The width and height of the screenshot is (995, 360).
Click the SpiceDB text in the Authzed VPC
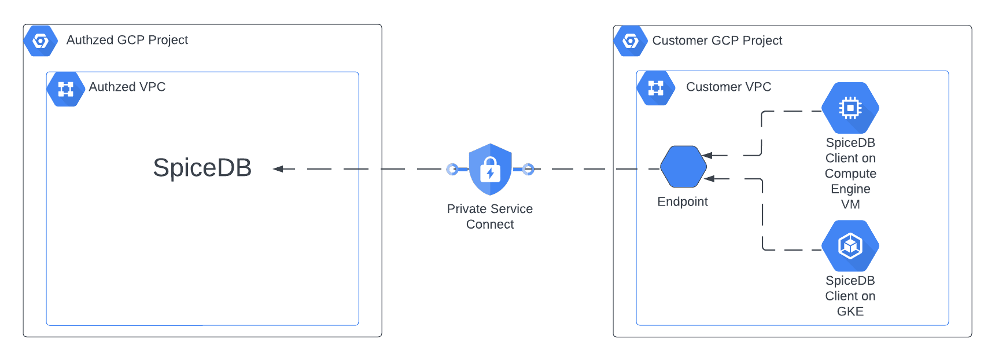click(x=202, y=168)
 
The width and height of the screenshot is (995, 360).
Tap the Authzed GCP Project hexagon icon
click(x=40, y=41)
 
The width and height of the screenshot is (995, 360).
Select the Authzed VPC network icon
click(x=65, y=89)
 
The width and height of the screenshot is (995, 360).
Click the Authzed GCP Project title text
click(x=127, y=40)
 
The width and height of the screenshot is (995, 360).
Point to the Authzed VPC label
click(x=127, y=87)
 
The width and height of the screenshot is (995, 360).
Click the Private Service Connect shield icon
click(x=490, y=169)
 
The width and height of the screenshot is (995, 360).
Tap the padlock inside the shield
click(x=490, y=170)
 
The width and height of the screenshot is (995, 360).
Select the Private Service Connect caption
click(x=490, y=216)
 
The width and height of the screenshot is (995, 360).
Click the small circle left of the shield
click(x=452, y=169)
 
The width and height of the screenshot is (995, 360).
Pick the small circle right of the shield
click(x=528, y=169)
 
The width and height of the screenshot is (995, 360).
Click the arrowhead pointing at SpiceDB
click(x=278, y=169)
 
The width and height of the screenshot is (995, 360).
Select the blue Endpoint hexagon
click(x=683, y=167)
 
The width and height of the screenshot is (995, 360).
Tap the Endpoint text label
click(x=683, y=201)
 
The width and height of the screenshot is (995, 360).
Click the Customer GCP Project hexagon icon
click(x=631, y=41)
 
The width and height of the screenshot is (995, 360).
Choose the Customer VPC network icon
click(x=655, y=88)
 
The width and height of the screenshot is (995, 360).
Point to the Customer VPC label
click(x=728, y=87)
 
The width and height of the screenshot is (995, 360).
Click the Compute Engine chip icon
click(x=850, y=108)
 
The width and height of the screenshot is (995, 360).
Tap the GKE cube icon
click(x=850, y=246)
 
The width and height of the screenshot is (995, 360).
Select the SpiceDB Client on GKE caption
click(x=850, y=296)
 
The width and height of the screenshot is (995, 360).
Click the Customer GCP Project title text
click(x=717, y=41)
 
